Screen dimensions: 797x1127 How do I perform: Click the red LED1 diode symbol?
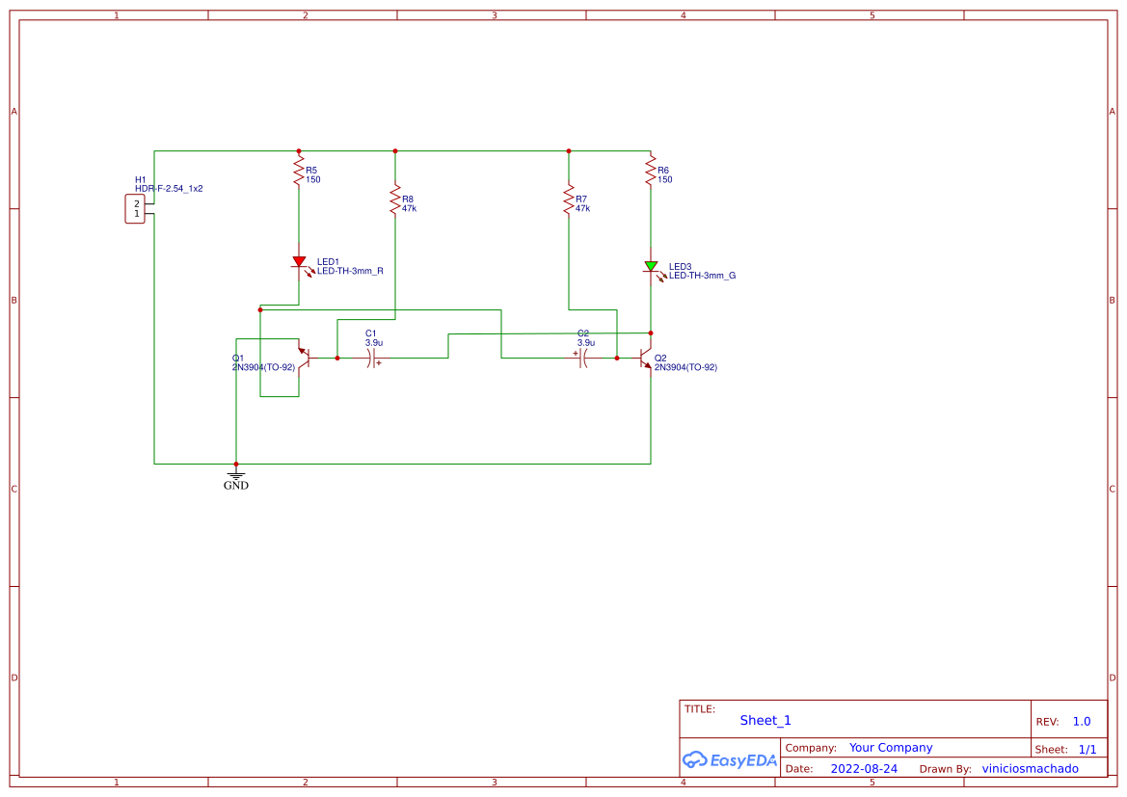(x=299, y=262)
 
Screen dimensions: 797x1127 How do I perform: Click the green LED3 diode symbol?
(x=651, y=267)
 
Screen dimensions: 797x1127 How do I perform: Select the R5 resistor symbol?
(x=299, y=173)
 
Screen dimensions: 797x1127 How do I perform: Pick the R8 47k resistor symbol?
(x=395, y=201)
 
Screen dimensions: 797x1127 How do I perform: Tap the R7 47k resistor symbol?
(x=569, y=201)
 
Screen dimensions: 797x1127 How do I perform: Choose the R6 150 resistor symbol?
(x=651, y=173)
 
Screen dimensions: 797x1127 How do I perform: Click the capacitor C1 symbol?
(x=371, y=358)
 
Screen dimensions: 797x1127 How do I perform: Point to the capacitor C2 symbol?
(x=583, y=358)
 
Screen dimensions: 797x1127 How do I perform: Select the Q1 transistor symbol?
(x=303, y=358)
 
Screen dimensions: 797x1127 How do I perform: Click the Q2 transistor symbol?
(x=647, y=358)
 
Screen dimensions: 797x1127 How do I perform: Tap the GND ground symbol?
(x=236, y=474)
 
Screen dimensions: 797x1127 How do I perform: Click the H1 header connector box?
(x=135, y=209)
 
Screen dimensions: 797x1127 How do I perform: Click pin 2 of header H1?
(x=137, y=203)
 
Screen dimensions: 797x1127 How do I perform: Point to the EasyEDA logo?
(x=730, y=759)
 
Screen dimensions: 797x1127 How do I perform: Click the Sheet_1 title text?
(x=765, y=720)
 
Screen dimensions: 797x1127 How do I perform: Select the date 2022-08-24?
(x=864, y=768)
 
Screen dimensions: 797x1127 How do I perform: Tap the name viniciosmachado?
(x=1030, y=768)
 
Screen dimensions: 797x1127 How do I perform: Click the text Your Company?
(x=891, y=747)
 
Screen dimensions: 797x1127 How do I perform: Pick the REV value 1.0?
(x=1082, y=721)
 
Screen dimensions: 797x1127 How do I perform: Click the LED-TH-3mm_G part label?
(x=702, y=276)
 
